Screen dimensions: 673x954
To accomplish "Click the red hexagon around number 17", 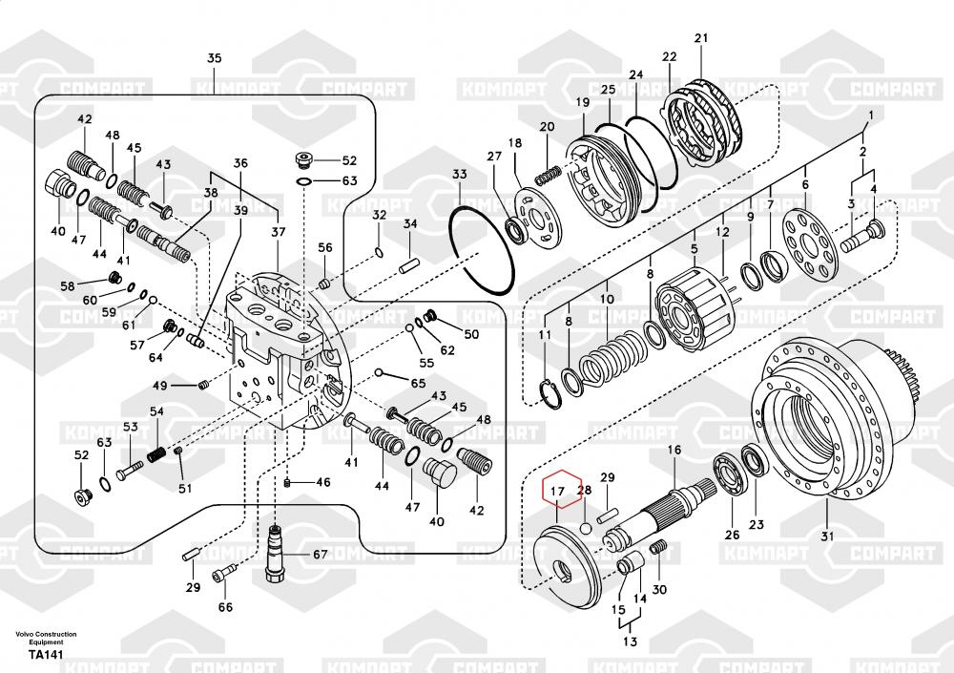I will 561,491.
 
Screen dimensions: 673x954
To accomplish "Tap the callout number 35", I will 214,59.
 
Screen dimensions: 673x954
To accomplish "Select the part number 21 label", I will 701,39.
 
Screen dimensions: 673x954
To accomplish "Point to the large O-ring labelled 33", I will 482,243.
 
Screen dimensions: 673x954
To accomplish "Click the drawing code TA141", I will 46,656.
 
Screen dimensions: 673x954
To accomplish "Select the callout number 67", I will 320,555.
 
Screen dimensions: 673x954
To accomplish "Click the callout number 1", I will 869,117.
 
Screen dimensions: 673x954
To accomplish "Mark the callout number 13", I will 630,642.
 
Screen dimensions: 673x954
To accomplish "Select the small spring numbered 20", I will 549,175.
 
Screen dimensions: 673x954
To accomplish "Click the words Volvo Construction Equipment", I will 46,639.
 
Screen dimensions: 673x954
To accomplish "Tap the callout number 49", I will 160,386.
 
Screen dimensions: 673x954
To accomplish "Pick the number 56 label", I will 325,247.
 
